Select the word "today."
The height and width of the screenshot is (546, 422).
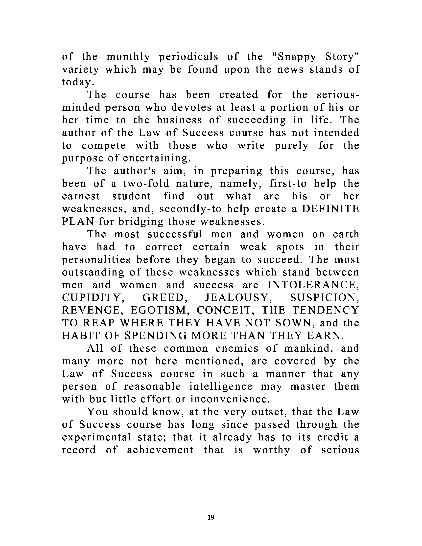pos(76,82)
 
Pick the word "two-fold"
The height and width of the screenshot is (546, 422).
pos(146,184)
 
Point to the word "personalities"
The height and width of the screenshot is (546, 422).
pos(96,260)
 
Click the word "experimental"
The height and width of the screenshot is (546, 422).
pos(96,437)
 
